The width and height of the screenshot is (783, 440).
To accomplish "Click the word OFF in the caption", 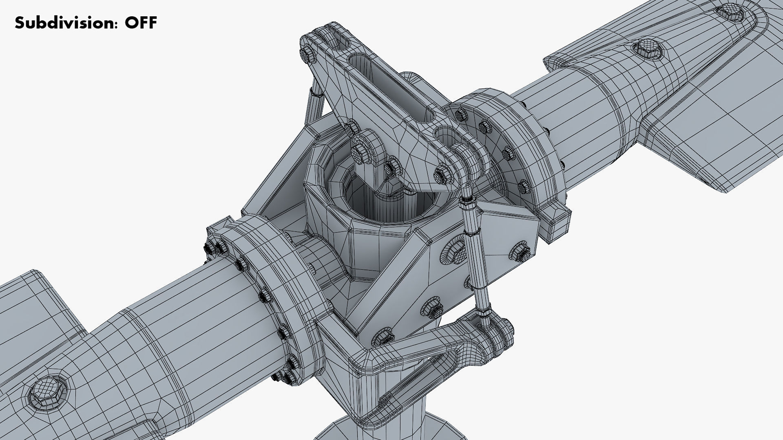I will (x=141, y=23).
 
